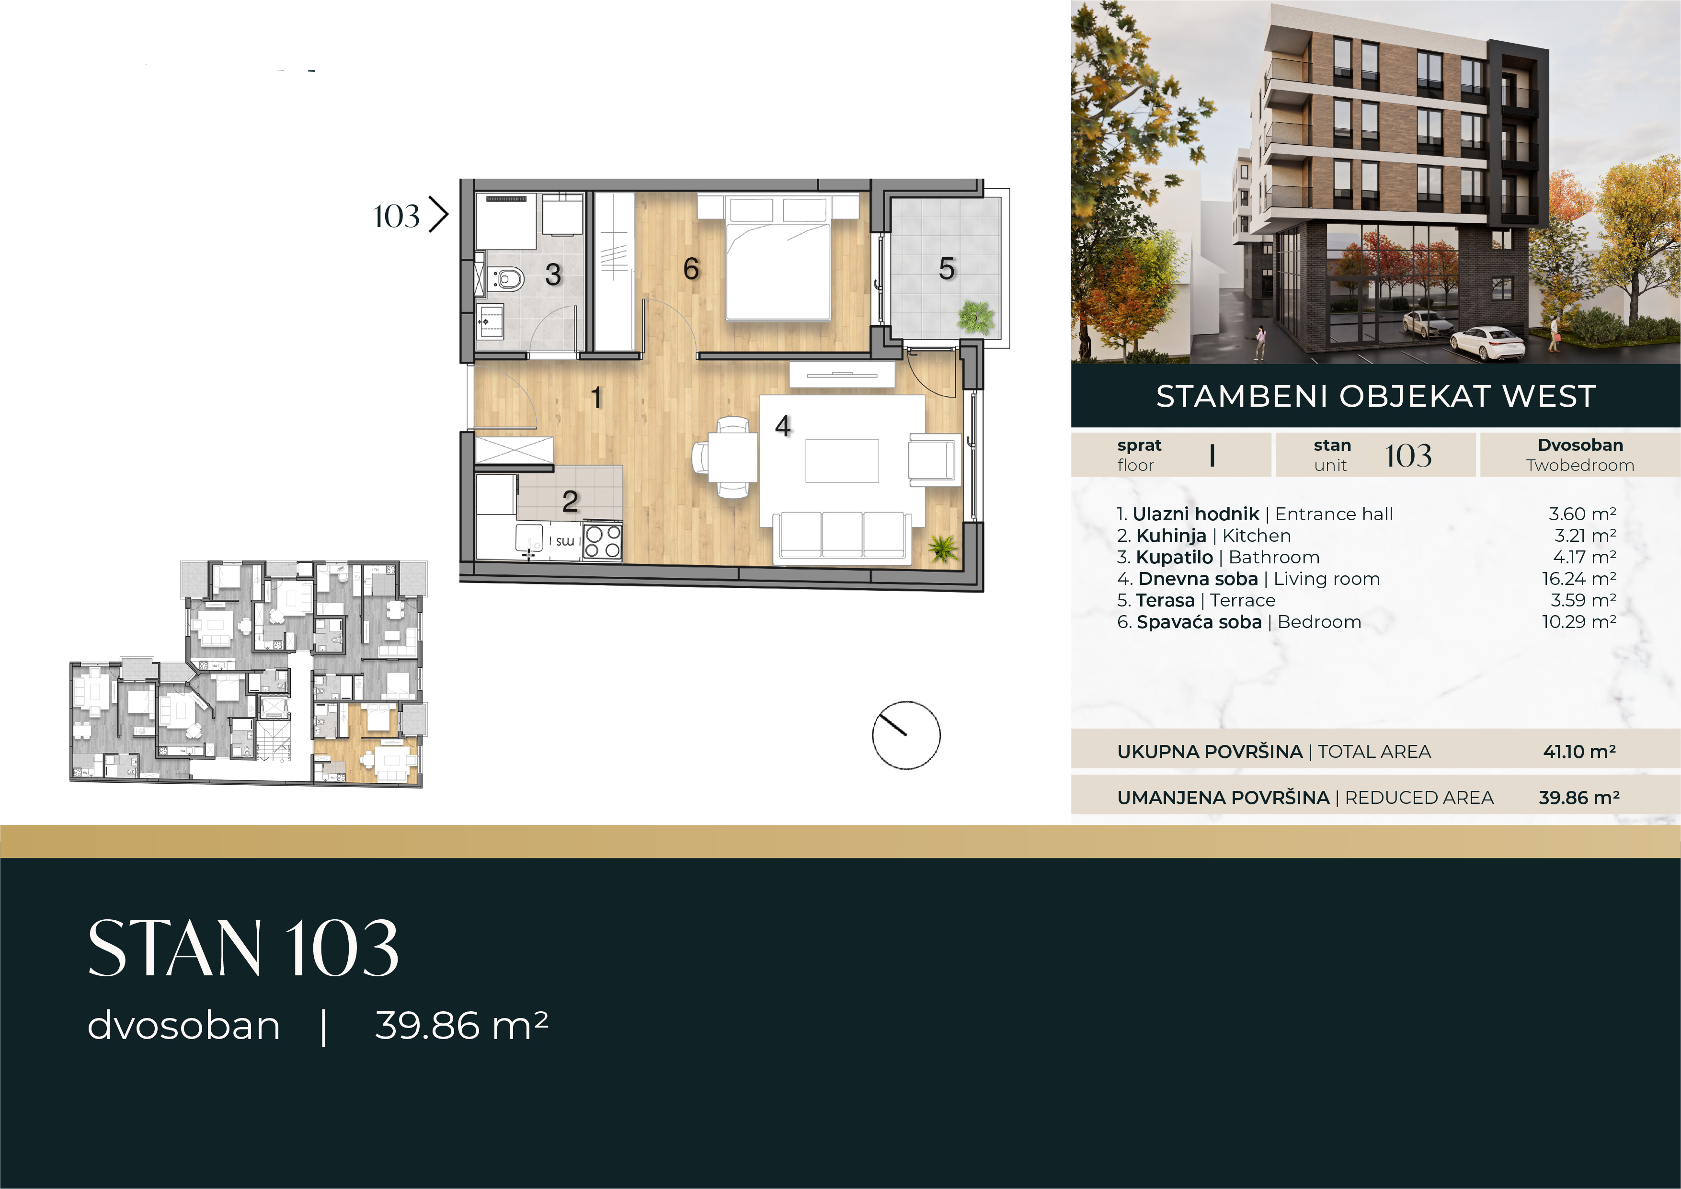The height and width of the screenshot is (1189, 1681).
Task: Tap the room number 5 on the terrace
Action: coord(947,269)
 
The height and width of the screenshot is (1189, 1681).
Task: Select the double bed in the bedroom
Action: coord(778,258)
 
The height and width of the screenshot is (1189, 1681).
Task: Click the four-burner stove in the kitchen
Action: coord(603,542)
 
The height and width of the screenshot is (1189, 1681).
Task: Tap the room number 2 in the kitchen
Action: coord(571,502)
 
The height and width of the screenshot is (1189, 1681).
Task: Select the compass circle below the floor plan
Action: coord(906,735)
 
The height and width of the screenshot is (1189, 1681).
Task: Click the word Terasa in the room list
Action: coord(1165,600)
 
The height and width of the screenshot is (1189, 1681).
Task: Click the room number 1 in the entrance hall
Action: coord(597,398)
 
